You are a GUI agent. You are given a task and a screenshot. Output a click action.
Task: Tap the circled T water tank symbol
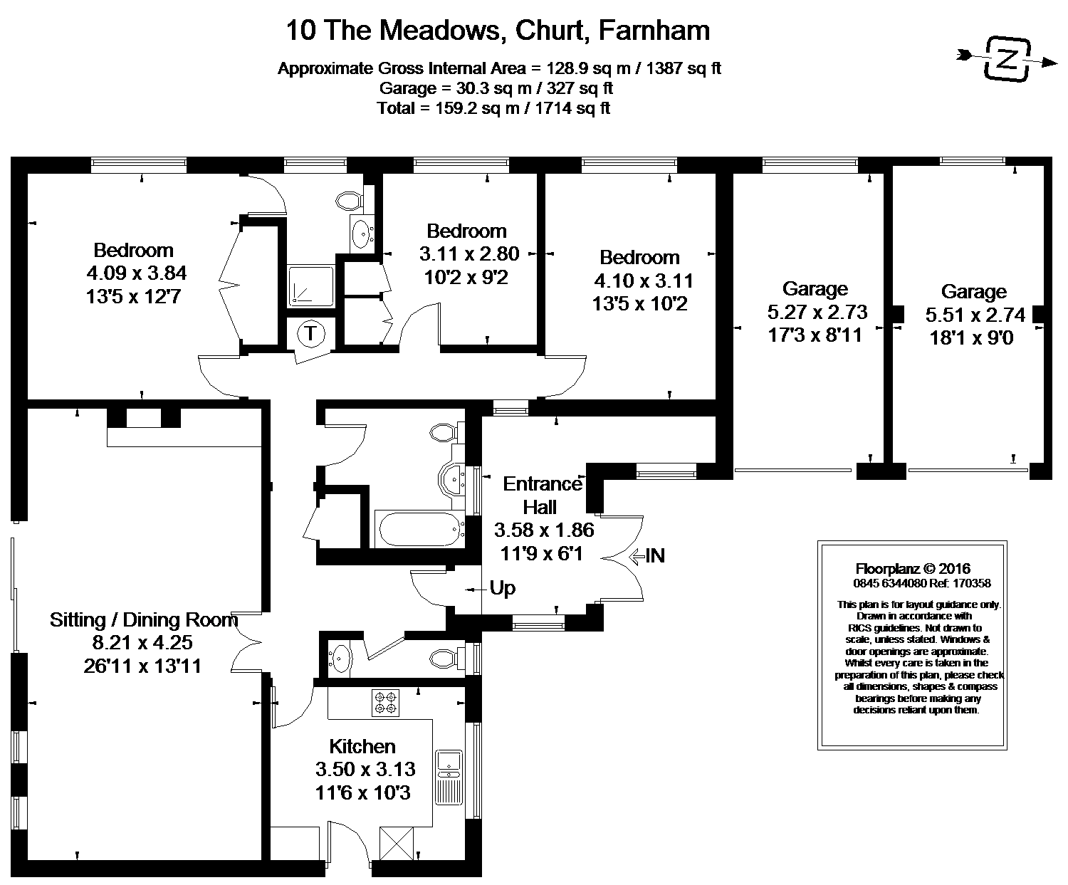click(x=310, y=333)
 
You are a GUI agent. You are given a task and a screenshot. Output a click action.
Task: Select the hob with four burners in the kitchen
click(x=386, y=702)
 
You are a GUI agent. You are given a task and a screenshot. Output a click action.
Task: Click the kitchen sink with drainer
click(x=449, y=777)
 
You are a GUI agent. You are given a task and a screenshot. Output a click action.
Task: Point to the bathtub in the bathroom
click(x=419, y=530)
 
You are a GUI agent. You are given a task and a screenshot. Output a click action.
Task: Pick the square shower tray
click(x=310, y=286)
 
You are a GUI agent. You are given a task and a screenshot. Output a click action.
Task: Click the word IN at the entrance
click(x=655, y=555)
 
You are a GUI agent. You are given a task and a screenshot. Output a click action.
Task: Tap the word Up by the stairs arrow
click(x=502, y=588)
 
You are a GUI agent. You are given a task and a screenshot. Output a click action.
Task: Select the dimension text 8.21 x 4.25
click(x=142, y=642)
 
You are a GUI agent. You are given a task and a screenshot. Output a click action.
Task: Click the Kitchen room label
click(x=362, y=746)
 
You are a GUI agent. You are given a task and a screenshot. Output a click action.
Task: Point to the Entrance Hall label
click(x=543, y=496)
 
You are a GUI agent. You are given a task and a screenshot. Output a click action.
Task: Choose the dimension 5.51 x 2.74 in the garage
click(x=975, y=315)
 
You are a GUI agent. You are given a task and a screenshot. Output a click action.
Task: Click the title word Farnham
click(x=654, y=30)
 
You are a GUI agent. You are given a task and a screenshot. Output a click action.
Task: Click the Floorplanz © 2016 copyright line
click(x=913, y=568)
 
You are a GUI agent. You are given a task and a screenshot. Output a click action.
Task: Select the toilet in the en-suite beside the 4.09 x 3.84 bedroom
click(x=350, y=200)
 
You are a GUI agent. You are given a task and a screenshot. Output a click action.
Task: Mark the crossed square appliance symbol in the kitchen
click(x=397, y=844)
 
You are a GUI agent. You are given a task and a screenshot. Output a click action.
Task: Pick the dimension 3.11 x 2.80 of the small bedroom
click(x=469, y=253)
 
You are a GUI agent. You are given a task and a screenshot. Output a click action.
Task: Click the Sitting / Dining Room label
click(x=144, y=619)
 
